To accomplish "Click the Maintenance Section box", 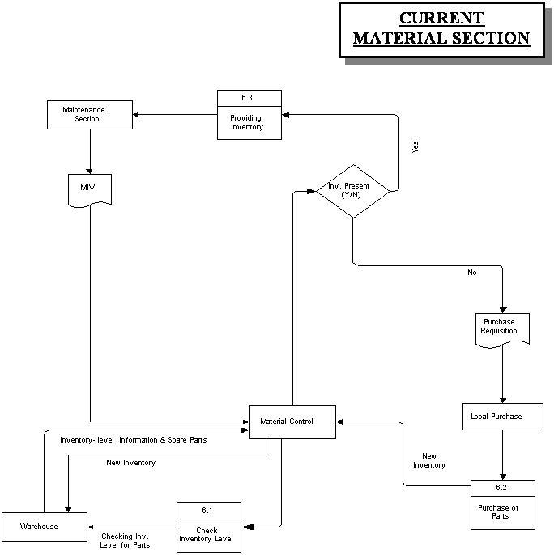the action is pyautogui.click(x=90, y=115).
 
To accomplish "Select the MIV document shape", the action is pyautogui.click(x=90, y=190).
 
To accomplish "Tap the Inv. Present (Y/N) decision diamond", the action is pyautogui.click(x=353, y=191).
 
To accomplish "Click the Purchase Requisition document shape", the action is pyautogui.click(x=502, y=330).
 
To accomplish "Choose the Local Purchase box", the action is pyautogui.click(x=503, y=417).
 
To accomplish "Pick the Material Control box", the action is pyautogui.click(x=292, y=422).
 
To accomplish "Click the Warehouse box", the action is pyautogui.click(x=45, y=527).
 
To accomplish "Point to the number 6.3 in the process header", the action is pyautogui.click(x=247, y=98).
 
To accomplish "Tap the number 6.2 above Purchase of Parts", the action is pyautogui.click(x=501, y=488).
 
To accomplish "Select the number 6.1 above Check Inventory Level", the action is pyautogui.click(x=207, y=511).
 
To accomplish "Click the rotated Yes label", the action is pyautogui.click(x=415, y=147).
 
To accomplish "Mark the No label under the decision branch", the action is pyautogui.click(x=471, y=273).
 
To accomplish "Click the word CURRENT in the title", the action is pyautogui.click(x=441, y=18).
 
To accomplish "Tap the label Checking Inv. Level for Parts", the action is pyautogui.click(x=125, y=540).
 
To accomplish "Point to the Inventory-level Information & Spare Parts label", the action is pyautogui.click(x=134, y=440).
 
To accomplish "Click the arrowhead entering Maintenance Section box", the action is pyautogui.click(x=135, y=115).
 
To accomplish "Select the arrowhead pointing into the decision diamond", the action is pyautogui.click(x=312, y=191).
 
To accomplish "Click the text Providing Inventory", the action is pyautogui.click(x=247, y=122).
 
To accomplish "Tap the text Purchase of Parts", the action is pyautogui.click(x=498, y=512).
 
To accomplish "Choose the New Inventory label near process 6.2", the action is pyautogui.click(x=429, y=460).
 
